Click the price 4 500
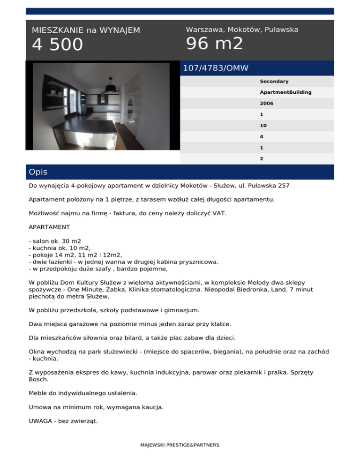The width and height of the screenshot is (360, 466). coord(57,45)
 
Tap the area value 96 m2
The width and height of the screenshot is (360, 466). coord(215,44)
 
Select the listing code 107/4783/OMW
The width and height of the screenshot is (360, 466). coord(216,68)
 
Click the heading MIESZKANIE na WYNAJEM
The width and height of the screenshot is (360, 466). coord(86,30)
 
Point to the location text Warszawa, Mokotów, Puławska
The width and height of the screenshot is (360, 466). coord(242,30)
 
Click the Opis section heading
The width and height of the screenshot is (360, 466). coord(38,172)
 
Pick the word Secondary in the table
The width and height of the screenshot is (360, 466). coord(274,81)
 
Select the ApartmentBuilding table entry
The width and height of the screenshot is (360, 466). coord(285,92)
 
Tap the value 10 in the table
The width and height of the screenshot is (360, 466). coord(263,125)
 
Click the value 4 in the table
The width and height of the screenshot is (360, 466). coord(262,136)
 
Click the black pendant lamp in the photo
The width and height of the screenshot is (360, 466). coord(112,88)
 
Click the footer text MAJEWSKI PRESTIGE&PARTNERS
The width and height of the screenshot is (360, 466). coord(180,445)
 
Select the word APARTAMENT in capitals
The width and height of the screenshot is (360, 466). coord(49,226)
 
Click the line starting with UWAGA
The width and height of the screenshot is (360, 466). coord(63,421)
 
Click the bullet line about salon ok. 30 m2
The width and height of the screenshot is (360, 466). coord(54,241)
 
